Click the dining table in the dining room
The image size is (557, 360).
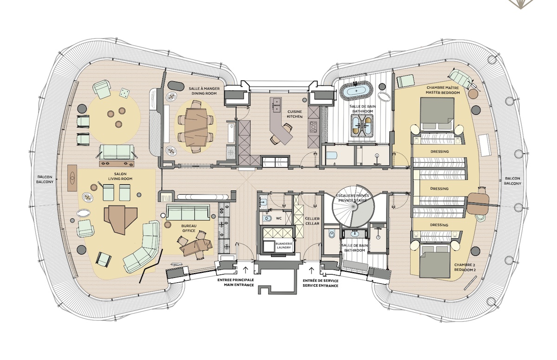click(x=196, y=127)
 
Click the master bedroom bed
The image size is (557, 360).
click(x=437, y=114)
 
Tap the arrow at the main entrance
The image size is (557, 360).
click(x=246, y=269)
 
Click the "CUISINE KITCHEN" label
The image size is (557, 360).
click(x=295, y=114)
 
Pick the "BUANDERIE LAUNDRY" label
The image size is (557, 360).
click(x=284, y=246)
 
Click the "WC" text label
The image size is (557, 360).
click(x=279, y=218)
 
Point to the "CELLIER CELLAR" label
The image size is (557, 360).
click(x=312, y=221)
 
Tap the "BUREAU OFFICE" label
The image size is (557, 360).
click(x=189, y=228)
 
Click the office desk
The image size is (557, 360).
click(x=196, y=246)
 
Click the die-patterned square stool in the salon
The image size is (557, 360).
click(x=124, y=93)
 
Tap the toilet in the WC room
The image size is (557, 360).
click(x=267, y=218)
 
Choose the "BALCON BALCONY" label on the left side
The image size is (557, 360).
click(x=45, y=179)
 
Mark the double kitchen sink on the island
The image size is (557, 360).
click(x=277, y=105)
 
